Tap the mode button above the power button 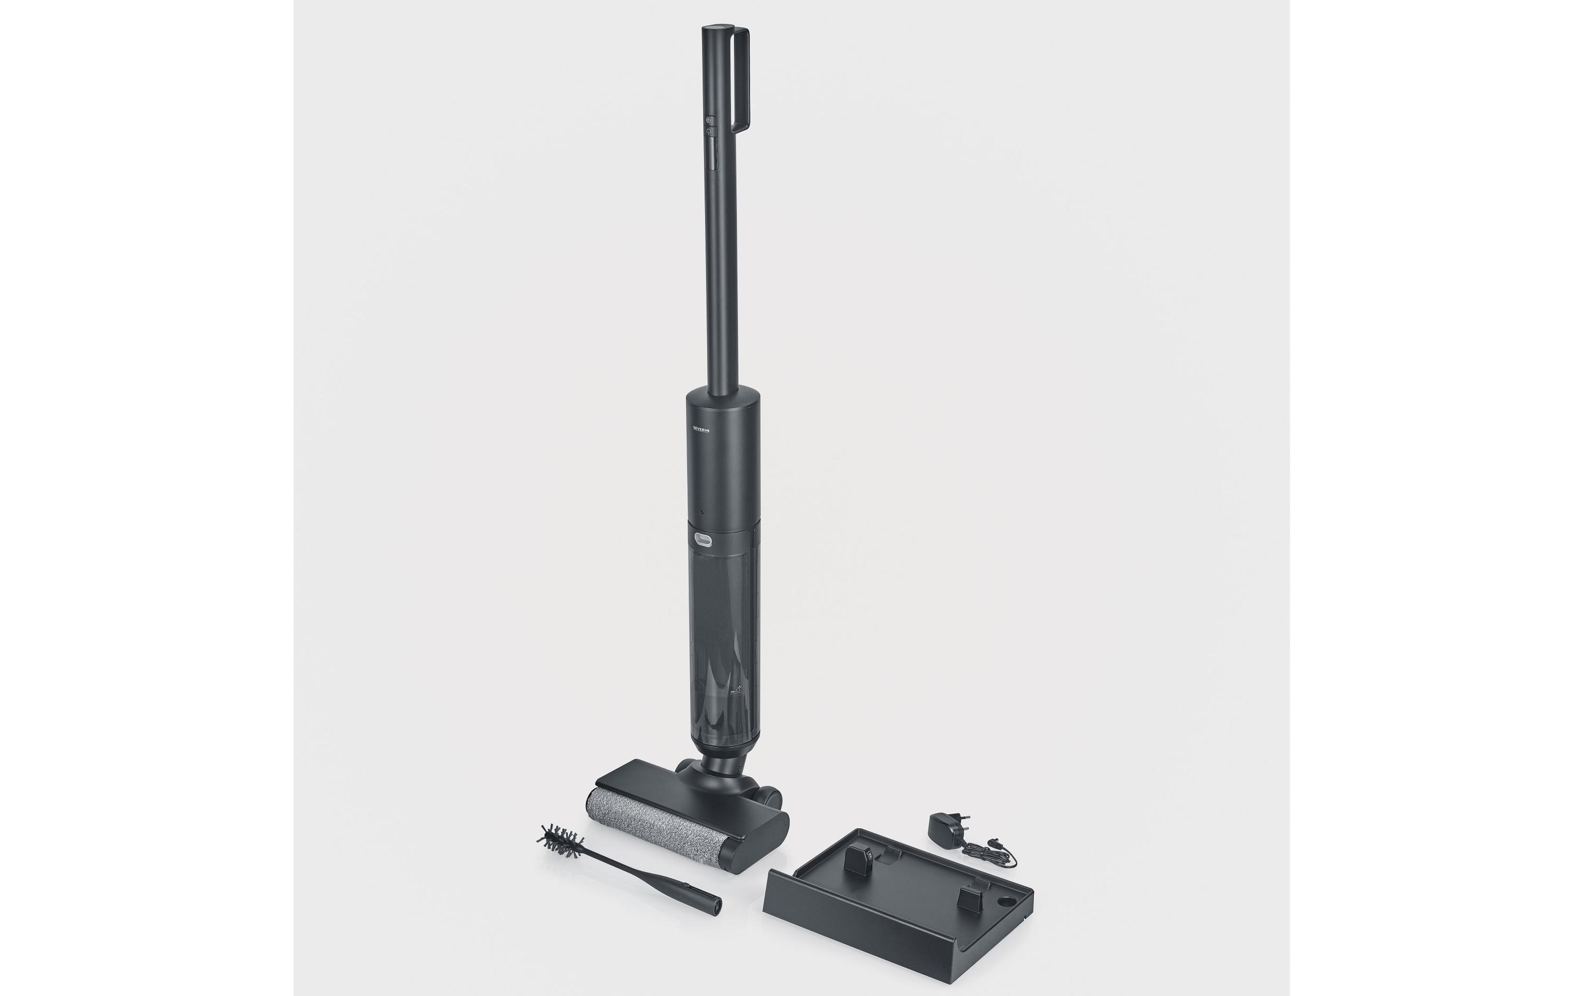[709, 121]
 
